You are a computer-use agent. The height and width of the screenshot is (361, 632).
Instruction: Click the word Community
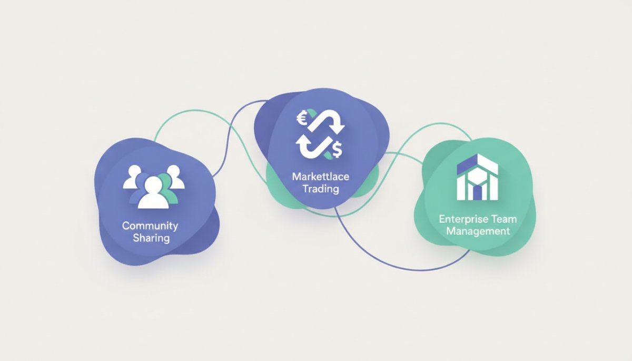tap(150, 226)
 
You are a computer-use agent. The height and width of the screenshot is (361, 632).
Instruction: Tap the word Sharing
tap(151, 238)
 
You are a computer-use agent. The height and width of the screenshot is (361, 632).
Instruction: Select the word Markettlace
tap(321, 177)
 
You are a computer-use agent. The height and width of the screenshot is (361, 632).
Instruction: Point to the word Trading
tap(321, 189)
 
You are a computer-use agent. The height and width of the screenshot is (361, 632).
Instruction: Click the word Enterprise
tap(459, 219)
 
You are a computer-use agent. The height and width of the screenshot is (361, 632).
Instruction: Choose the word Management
tap(478, 231)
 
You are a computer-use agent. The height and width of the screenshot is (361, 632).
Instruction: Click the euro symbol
tap(302, 118)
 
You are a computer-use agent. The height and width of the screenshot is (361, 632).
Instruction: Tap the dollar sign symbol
tap(338, 149)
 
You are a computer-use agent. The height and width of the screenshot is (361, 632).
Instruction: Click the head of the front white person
tap(153, 185)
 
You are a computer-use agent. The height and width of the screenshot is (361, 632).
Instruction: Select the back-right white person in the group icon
tap(175, 177)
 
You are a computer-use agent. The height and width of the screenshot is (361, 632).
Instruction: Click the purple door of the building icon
tap(477, 192)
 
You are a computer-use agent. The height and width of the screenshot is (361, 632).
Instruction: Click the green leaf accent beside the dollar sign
tap(328, 155)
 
